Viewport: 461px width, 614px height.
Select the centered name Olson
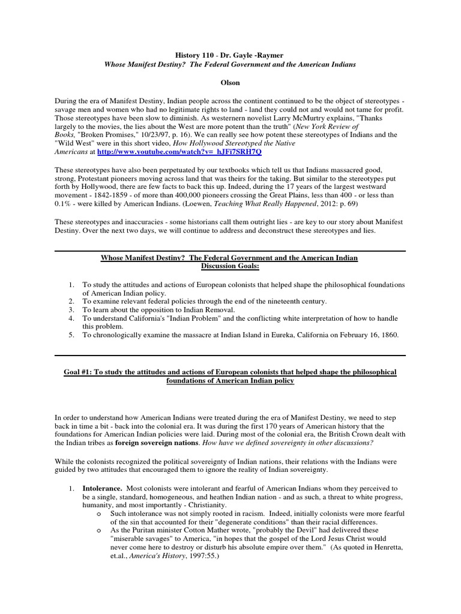[231, 79]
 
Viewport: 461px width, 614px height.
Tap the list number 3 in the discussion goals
[70, 309]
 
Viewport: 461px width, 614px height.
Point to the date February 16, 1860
[364, 335]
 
